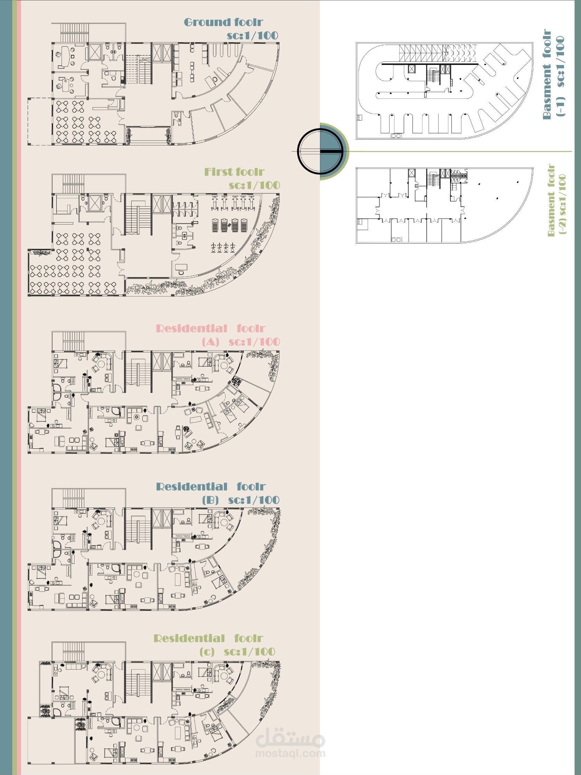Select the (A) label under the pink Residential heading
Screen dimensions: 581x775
210,342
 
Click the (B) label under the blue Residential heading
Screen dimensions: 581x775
210,500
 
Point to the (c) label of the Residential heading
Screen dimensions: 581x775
207,652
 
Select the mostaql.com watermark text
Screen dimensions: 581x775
290,753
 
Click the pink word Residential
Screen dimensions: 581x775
192,328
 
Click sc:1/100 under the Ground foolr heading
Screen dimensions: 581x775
253,35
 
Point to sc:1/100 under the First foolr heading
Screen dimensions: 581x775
254,185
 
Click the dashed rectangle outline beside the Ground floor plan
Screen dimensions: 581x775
28,121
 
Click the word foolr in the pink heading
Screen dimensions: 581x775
251,328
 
